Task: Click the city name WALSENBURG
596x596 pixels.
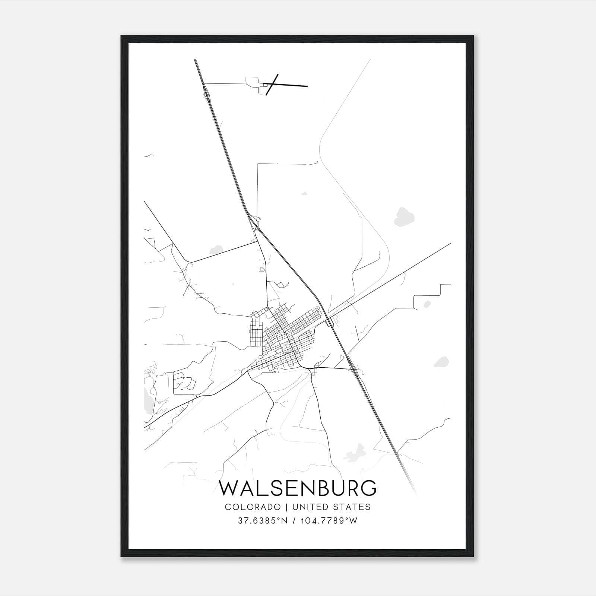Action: click(x=298, y=488)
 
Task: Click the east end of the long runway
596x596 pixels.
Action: click(x=307, y=86)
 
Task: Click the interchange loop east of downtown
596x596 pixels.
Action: click(x=329, y=323)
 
